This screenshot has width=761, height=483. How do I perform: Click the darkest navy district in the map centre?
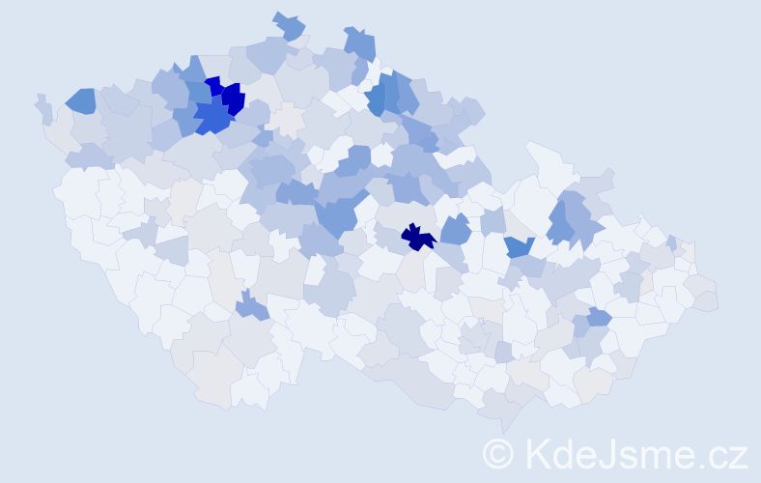pyautogui.click(x=417, y=236)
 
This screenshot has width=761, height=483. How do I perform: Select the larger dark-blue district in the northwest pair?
pyautogui.click(x=233, y=98)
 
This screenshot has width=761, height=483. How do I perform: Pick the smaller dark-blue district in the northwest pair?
pyautogui.click(x=213, y=86)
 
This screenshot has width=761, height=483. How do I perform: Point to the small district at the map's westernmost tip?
pyautogui.click(x=42, y=107)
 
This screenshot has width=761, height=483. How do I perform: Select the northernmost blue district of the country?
pyautogui.click(x=289, y=26)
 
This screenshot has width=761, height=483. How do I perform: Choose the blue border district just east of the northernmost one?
pyautogui.click(x=360, y=43)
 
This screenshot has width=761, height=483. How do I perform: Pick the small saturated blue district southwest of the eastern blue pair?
pyautogui.click(x=519, y=246)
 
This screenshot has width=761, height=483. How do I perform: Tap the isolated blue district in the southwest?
pyautogui.click(x=252, y=307)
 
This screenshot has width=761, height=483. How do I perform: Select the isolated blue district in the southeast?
pyautogui.click(x=599, y=316)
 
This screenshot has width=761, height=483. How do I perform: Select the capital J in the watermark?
pyautogui.click(x=606, y=453)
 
